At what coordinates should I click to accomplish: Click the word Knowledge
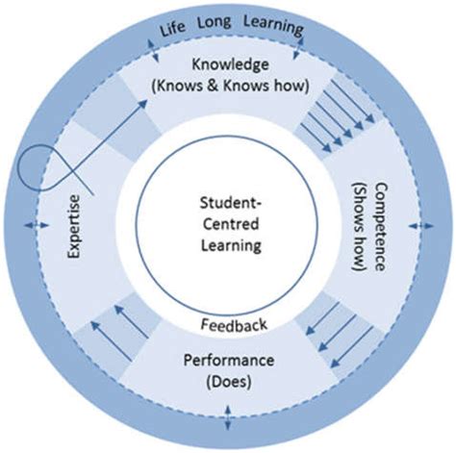[228, 65]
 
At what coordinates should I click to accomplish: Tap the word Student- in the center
[229, 205]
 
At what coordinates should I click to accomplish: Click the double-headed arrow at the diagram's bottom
[229, 418]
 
